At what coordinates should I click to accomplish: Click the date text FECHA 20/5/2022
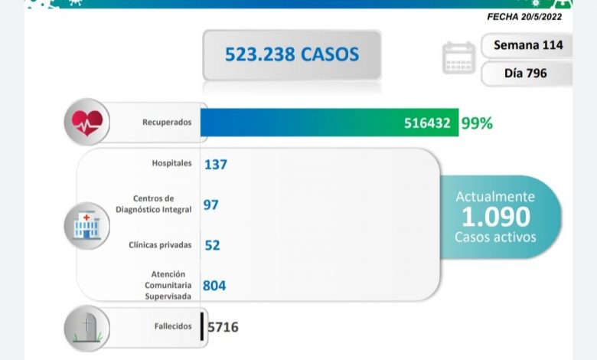coord(528,15)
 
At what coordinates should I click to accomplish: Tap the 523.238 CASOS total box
coord(292,54)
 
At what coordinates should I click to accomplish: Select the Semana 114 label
coord(528,45)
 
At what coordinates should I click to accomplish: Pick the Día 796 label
coord(527,74)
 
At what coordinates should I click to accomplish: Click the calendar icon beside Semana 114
coord(458,58)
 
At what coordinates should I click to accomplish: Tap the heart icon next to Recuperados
coord(87,122)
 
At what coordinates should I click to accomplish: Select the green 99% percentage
coord(477,123)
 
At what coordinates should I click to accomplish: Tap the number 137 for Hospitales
coord(216,164)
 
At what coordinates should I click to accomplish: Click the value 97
coord(211,205)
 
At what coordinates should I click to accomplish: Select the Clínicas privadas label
coord(164,246)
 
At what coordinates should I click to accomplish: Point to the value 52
coord(212,245)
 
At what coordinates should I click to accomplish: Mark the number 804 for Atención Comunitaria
coord(214,286)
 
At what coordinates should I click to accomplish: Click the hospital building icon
coord(87,225)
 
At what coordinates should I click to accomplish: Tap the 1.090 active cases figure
coord(496,217)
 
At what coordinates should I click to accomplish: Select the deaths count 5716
coord(223,327)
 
